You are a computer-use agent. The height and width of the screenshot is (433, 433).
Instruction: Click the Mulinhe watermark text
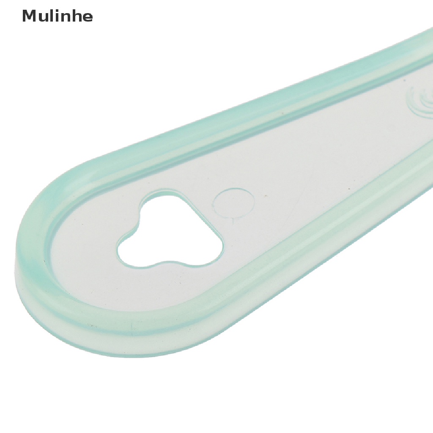[57, 16]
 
